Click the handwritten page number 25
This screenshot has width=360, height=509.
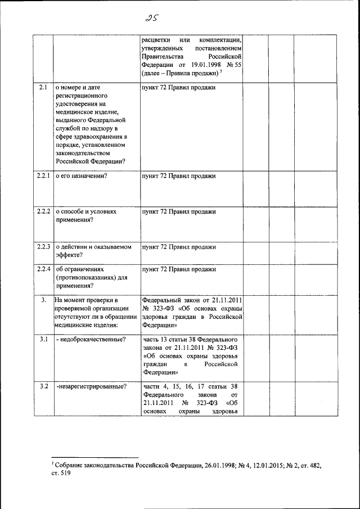(x=151, y=17)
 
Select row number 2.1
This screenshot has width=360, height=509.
(x=43, y=87)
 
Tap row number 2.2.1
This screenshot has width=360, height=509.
(x=43, y=176)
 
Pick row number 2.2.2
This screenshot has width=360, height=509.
(x=43, y=211)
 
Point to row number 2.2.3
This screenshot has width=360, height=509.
(x=43, y=246)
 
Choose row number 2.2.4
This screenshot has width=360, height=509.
(x=43, y=269)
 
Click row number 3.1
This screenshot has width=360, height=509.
(x=43, y=339)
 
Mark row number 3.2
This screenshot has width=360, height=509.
(x=43, y=386)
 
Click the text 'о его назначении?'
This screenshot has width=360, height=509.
(x=82, y=176)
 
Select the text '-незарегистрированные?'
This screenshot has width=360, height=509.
(x=92, y=386)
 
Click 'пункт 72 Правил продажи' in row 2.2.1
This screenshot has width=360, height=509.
(x=179, y=176)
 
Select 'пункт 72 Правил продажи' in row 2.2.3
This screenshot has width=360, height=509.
(x=179, y=246)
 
